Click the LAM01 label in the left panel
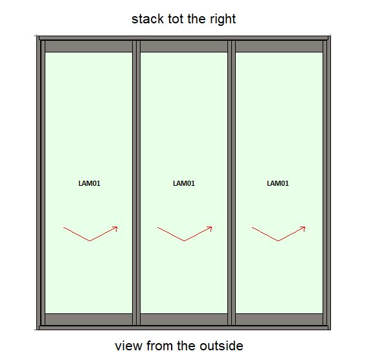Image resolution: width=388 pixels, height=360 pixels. click(x=89, y=183)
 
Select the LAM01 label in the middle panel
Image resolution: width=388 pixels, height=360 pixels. click(x=184, y=183)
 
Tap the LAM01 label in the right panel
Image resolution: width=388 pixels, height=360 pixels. click(x=278, y=183)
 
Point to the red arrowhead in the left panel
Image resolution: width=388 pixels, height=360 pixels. click(x=115, y=229)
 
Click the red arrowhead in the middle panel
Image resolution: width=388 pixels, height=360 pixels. click(x=210, y=229)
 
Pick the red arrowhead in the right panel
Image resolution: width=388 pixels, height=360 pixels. click(x=303, y=229)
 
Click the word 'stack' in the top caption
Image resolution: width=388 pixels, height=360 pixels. click(x=148, y=19)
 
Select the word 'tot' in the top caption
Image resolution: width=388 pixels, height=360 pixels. click(x=176, y=19)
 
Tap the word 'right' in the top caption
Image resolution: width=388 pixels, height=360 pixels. click(x=223, y=19)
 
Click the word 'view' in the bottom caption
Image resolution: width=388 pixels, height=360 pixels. click(x=129, y=346)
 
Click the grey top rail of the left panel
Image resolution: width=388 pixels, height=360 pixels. click(x=89, y=46)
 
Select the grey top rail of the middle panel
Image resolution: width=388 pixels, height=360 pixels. click(x=184, y=46)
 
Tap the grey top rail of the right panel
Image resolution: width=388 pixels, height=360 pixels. click(x=279, y=46)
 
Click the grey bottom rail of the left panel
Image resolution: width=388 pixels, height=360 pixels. click(x=89, y=319)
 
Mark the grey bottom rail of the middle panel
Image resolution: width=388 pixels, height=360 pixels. click(x=184, y=319)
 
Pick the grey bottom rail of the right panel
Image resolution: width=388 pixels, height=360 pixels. click(x=279, y=319)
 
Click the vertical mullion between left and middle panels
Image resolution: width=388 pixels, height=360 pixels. click(x=136, y=183)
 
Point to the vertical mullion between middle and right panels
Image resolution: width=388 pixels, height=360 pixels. click(x=232, y=183)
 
